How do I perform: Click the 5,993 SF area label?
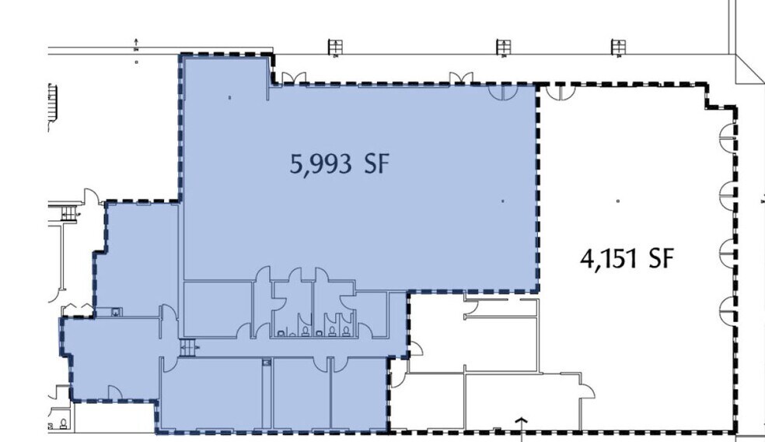(340, 163)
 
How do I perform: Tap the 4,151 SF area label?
(627, 258)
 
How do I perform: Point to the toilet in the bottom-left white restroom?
(63, 423)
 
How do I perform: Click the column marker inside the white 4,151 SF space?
(618, 201)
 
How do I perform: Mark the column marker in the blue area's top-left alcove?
(230, 98)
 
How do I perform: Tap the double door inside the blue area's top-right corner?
(503, 93)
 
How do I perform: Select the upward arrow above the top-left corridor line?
(136, 43)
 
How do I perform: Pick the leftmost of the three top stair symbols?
(335, 47)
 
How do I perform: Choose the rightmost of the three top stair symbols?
(618, 47)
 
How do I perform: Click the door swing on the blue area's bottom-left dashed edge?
(114, 391)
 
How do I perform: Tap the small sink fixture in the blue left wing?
(115, 311)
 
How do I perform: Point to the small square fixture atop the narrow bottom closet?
(267, 363)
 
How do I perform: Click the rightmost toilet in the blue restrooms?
(346, 331)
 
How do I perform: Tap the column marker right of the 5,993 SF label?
(502, 201)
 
